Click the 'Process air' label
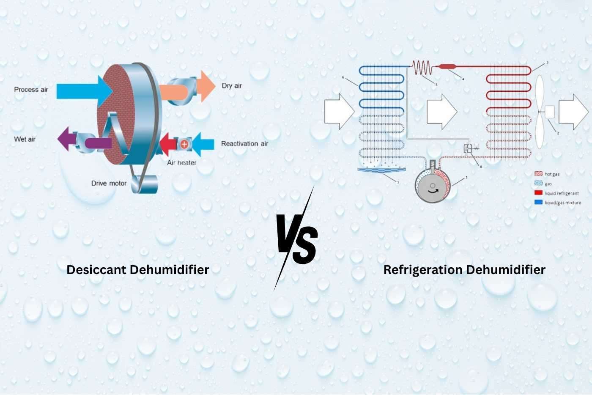[31, 90]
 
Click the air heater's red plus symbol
[184, 144]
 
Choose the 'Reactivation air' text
[244, 144]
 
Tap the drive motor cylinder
[144, 184]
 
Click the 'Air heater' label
[181, 163]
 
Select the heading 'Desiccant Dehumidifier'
[138, 270]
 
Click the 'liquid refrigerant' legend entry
[562, 193]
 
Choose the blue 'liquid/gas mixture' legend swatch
[538, 203]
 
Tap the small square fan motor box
[549, 112]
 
